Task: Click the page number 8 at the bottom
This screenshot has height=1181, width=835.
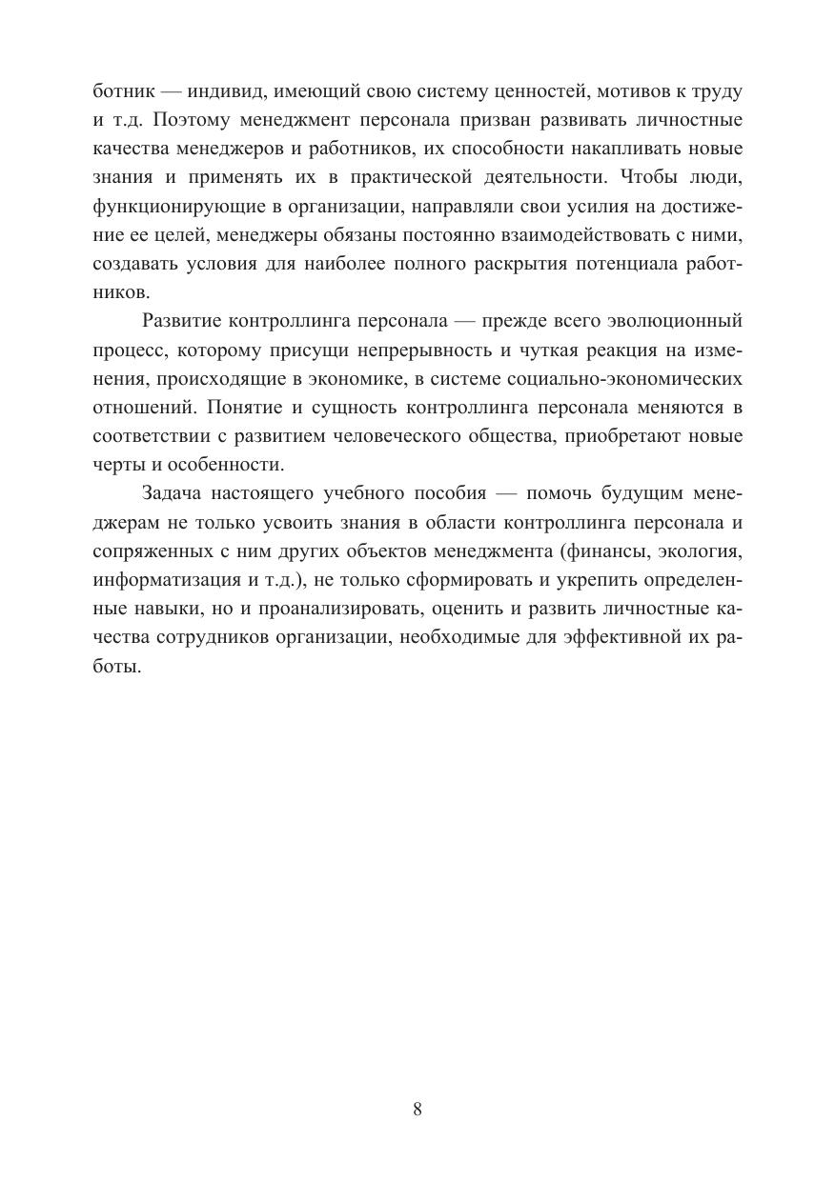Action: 417,1109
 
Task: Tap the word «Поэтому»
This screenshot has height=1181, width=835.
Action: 196,121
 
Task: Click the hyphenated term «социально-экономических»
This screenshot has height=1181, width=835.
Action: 636,377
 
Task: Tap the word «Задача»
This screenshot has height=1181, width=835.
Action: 174,494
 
